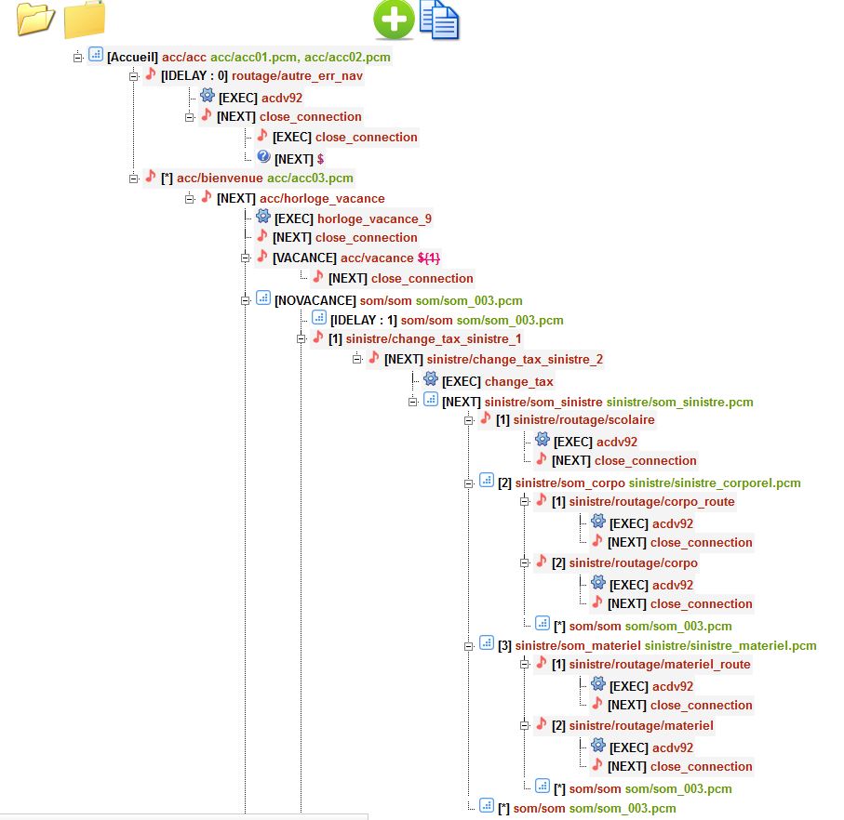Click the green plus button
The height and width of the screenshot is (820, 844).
(x=394, y=20)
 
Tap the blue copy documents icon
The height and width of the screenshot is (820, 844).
(x=439, y=20)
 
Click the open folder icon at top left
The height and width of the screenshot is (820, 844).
(x=35, y=20)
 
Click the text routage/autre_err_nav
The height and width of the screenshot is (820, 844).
(x=297, y=76)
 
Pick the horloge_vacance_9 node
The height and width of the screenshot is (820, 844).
(x=374, y=218)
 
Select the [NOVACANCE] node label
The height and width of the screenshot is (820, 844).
(x=315, y=300)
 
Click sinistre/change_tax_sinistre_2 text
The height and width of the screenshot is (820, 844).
(x=515, y=359)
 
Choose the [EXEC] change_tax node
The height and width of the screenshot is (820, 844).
(x=497, y=381)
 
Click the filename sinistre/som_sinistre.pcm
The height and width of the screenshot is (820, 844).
(x=679, y=402)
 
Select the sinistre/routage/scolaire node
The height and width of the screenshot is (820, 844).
(x=583, y=419)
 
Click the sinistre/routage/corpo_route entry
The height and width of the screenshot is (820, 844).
(x=651, y=501)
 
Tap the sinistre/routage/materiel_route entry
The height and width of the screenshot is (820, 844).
(x=659, y=664)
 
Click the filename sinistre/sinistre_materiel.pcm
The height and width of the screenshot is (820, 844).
(x=730, y=645)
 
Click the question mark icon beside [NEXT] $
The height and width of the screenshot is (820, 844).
(x=263, y=157)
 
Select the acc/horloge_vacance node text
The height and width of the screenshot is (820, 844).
(x=321, y=198)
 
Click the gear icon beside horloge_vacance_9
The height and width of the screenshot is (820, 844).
(x=263, y=217)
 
